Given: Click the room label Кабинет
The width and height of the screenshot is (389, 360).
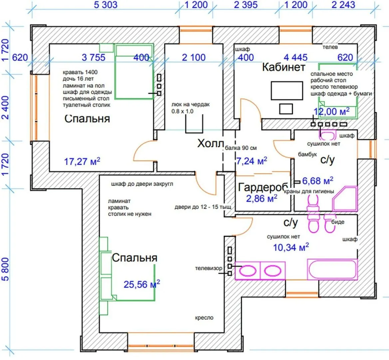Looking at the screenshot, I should (x=283, y=67).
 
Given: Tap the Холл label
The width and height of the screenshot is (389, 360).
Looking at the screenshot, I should (x=210, y=144).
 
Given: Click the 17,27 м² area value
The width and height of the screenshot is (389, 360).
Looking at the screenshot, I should (x=82, y=162).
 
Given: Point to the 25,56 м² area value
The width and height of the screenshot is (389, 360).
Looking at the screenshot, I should (x=142, y=284).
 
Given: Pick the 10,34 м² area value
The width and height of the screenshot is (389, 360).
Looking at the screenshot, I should (x=291, y=247).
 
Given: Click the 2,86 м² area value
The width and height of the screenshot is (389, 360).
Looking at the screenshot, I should (x=262, y=199).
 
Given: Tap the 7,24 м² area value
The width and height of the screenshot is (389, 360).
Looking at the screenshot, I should (x=251, y=161).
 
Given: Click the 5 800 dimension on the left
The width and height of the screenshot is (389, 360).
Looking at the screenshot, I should (x=6, y=269).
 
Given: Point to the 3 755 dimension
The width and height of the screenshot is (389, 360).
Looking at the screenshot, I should (x=93, y=57).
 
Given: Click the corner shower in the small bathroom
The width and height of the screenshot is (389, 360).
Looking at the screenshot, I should (x=345, y=199).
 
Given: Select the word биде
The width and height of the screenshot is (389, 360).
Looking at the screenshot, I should (x=338, y=222).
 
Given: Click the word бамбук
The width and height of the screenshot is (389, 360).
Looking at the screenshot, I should (x=307, y=155).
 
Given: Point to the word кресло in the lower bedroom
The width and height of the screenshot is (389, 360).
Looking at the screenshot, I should (x=204, y=318).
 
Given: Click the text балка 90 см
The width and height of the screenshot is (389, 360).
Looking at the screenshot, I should (x=241, y=148).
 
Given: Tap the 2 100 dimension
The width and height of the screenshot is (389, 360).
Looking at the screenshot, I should (x=194, y=57).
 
